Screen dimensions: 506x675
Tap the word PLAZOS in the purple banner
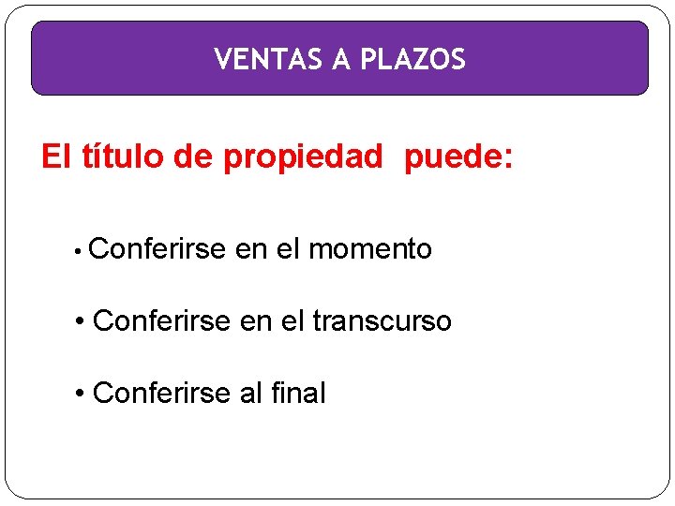coord(413,60)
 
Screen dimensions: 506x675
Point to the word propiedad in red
coord(303,158)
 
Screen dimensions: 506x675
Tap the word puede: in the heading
coord(458,158)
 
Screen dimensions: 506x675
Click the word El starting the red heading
coord(56,157)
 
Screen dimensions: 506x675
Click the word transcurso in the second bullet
coord(382,321)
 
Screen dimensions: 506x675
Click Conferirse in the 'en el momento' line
coord(158,249)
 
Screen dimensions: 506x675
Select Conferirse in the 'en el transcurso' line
coord(162,321)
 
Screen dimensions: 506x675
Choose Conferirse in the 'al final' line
coord(162,393)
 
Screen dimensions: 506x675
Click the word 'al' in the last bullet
coord(250,393)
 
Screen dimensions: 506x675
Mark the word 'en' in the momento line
coord(251,249)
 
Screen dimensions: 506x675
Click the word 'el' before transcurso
coord(294,321)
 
